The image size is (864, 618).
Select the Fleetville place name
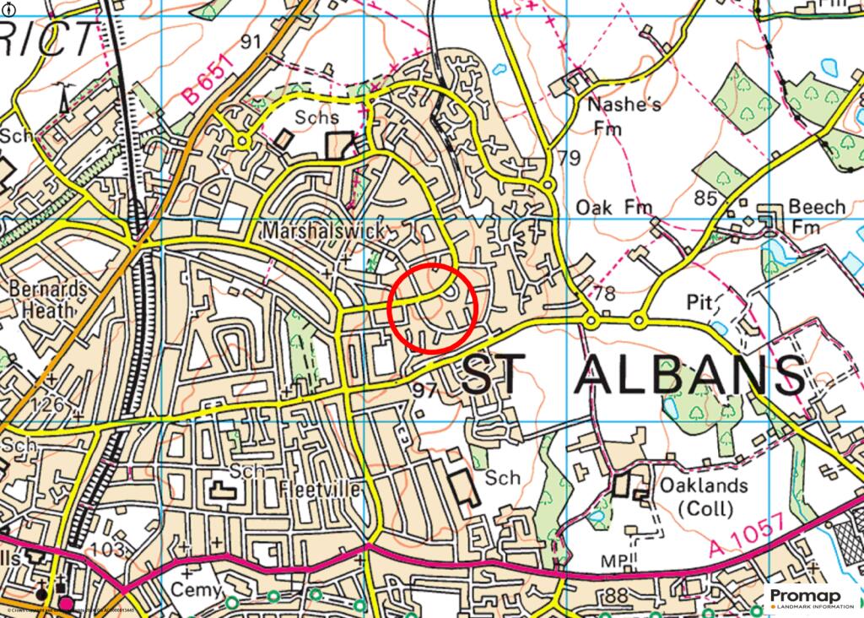(x=320, y=491)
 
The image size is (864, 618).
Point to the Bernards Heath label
(x=48, y=300)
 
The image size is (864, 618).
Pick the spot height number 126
(x=47, y=405)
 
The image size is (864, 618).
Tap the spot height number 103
(x=109, y=550)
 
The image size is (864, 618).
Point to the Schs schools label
(x=316, y=118)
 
